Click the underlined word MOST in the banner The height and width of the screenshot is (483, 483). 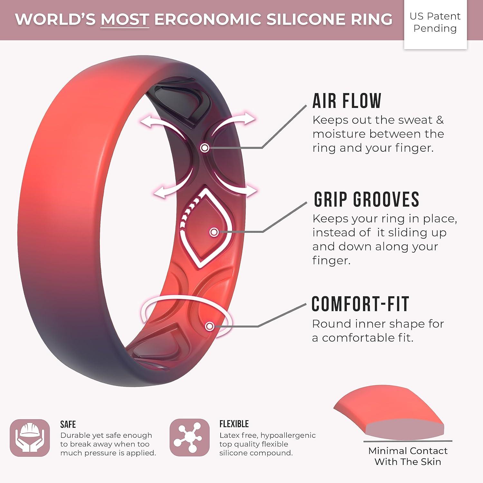pos(125,20)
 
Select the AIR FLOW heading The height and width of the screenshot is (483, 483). pos(347,101)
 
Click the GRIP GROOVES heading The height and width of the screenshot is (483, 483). pos(366,199)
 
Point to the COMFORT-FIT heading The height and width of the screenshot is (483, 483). pos(360,304)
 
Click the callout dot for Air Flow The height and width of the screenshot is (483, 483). pos(205,148)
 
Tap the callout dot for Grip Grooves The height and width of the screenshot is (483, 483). pos(214,232)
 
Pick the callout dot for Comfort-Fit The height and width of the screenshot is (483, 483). pos(210,326)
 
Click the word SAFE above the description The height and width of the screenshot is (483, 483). pos(68,424)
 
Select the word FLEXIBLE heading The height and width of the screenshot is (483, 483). pos(234,424)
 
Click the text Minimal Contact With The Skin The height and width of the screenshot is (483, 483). pos(408,456)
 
